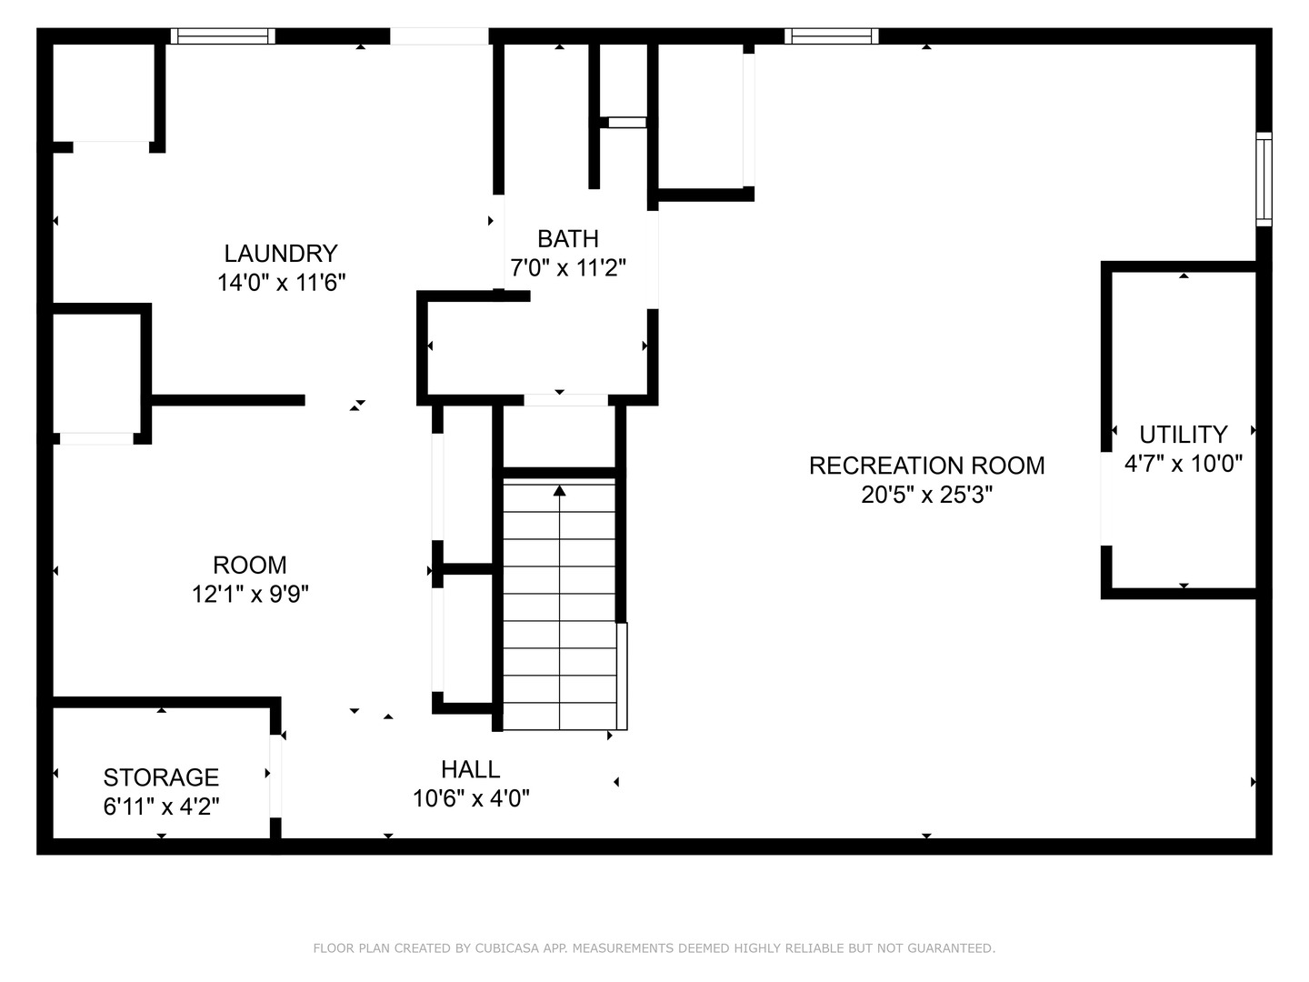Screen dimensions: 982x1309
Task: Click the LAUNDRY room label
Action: pos(281,253)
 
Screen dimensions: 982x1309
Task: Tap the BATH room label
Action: pos(568,238)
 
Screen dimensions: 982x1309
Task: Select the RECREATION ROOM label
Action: pos(926,466)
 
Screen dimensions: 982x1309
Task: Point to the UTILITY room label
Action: pos(1183,434)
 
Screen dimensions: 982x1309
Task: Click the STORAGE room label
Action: pos(161,777)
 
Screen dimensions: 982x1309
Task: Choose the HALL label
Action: pos(470,769)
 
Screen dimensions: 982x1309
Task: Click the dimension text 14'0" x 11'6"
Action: pos(281,283)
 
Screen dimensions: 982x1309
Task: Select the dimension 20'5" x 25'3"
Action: pos(926,496)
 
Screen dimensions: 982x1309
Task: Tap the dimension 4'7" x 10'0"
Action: pos(1183,464)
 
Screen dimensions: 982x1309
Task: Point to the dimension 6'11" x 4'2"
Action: pos(161,807)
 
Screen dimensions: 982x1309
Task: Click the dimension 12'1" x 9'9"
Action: pos(250,595)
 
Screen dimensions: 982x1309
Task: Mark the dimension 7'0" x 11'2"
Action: pos(568,268)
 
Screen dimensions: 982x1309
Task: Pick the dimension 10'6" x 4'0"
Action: pos(471,799)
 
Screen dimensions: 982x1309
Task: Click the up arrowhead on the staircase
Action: pos(560,491)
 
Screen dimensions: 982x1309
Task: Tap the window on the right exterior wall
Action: pos(1264,179)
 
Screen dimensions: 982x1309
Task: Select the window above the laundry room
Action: pos(223,36)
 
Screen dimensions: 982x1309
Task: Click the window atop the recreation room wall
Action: pos(831,36)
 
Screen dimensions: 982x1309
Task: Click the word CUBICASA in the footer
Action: pos(505,948)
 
